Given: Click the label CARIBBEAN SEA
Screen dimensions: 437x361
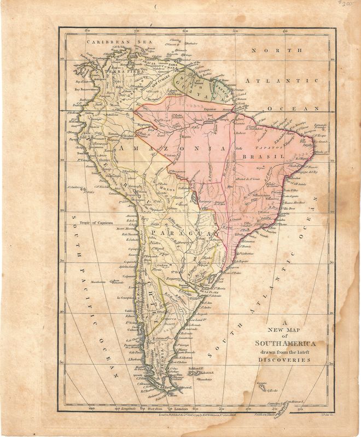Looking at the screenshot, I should (x=110, y=40).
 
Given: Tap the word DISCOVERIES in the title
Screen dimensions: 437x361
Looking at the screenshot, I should (x=286, y=360).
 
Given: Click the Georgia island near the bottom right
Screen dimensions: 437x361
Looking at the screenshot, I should (x=263, y=384).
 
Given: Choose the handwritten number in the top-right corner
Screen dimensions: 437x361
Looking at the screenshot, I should (x=343, y=4).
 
